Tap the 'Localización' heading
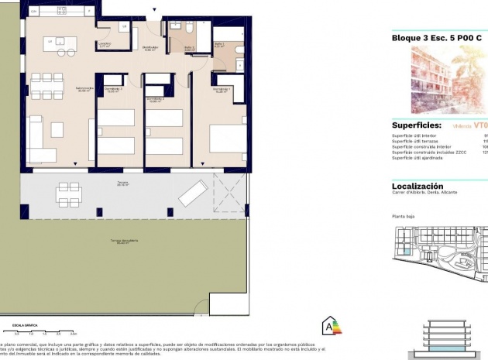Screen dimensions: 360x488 (418, 187)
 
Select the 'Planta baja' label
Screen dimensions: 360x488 (404, 217)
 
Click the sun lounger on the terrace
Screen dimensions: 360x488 (192, 193)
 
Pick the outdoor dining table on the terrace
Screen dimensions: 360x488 (67, 192)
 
